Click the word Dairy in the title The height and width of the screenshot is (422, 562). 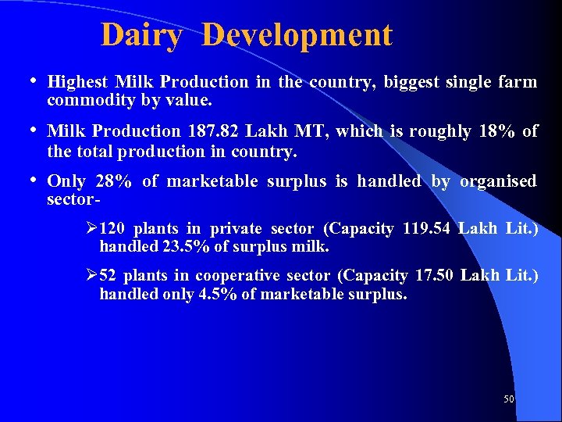[140, 35]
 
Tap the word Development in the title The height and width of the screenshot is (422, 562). [297, 35]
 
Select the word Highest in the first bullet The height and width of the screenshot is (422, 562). [77, 82]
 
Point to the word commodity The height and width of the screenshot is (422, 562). [86, 101]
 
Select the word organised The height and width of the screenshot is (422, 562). [498, 181]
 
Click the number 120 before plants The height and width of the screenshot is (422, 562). [112, 229]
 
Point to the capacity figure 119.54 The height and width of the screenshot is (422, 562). [428, 229]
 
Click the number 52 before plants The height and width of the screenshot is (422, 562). [108, 276]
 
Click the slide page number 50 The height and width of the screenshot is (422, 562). [509, 399]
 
